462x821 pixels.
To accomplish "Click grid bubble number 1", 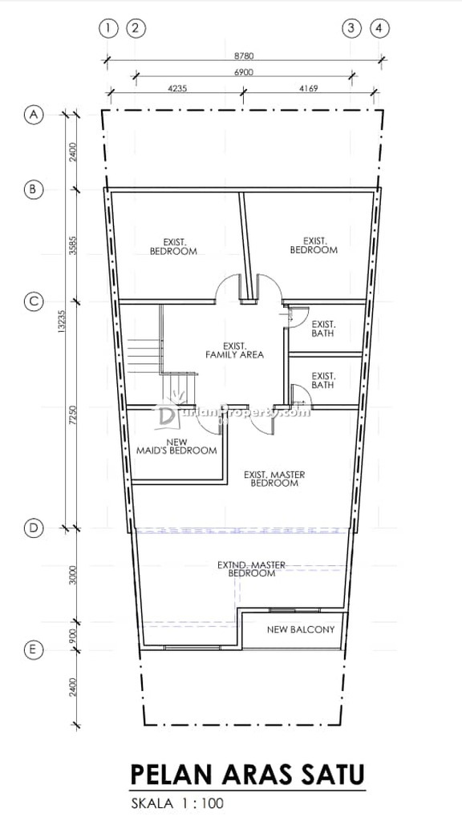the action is (x=108, y=28).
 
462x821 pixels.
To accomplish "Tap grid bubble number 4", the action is (x=379, y=28).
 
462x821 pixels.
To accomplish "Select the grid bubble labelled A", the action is (x=34, y=114).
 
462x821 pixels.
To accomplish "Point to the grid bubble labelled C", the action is (x=33, y=301).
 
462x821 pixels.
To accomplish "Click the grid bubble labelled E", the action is (x=33, y=649).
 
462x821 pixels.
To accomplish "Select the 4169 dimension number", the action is (x=308, y=88).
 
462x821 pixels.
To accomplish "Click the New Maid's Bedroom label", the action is (x=176, y=446).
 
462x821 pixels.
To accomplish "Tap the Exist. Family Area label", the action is (x=234, y=350).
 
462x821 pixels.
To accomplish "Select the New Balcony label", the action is (x=301, y=629).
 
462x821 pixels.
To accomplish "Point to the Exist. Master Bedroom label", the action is (x=274, y=479).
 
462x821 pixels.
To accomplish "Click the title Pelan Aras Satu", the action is (x=247, y=775).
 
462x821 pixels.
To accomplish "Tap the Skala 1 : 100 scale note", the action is (x=177, y=803).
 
